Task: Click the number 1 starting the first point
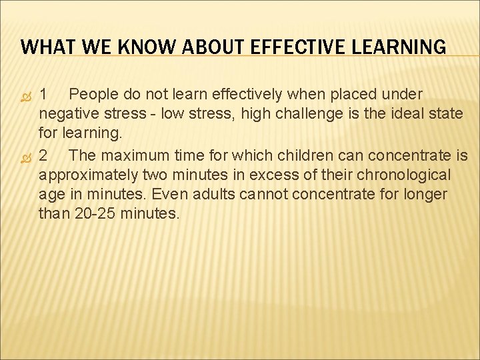click(x=43, y=93)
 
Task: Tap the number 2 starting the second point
click(x=43, y=155)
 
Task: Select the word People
click(x=94, y=93)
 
